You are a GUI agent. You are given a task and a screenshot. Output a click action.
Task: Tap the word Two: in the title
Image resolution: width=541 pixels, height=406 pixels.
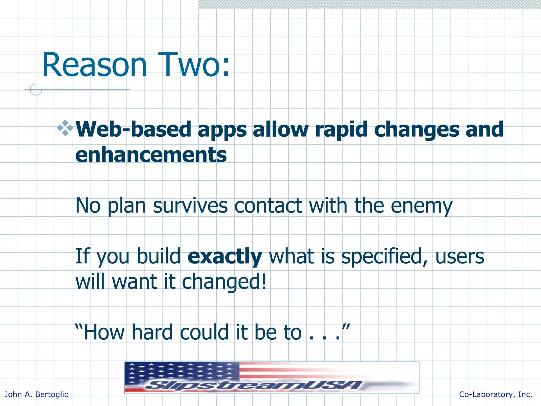click(194, 65)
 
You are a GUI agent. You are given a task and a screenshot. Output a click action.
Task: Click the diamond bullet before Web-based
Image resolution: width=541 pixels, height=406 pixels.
click(65, 128)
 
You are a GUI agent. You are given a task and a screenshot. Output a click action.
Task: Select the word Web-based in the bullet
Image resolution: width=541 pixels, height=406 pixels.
click(133, 130)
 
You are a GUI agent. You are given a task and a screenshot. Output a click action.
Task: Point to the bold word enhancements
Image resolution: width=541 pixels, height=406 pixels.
click(151, 155)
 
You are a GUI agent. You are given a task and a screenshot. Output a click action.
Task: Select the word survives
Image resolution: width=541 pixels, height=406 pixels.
click(190, 206)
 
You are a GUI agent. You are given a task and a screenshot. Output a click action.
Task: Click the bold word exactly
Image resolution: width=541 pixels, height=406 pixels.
click(225, 256)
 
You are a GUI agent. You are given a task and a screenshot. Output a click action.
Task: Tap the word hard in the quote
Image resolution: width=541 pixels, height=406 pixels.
click(152, 332)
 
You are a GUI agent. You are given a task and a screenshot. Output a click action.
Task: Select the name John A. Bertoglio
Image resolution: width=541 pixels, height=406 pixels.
click(37, 394)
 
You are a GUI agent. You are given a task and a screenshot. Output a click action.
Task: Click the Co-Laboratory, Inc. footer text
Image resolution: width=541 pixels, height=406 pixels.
click(496, 394)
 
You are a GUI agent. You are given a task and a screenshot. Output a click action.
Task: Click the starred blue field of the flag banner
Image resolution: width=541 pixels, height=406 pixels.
click(182, 371)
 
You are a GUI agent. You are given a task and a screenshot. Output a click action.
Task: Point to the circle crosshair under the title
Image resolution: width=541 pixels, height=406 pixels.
click(36, 90)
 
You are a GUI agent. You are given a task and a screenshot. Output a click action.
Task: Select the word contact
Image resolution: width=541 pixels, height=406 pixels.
click(268, 206)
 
